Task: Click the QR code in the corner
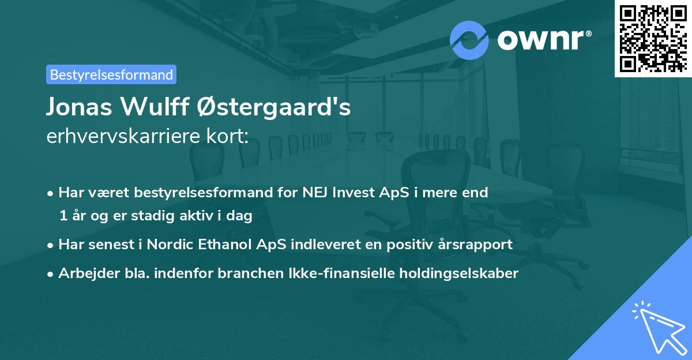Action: pos(653,38)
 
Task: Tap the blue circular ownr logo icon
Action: pos(469,40)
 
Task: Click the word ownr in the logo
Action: pos(541,40)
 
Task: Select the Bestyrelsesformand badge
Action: pos(111,74)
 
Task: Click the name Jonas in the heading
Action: pos(80,107)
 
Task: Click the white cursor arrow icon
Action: pos(657,325)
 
